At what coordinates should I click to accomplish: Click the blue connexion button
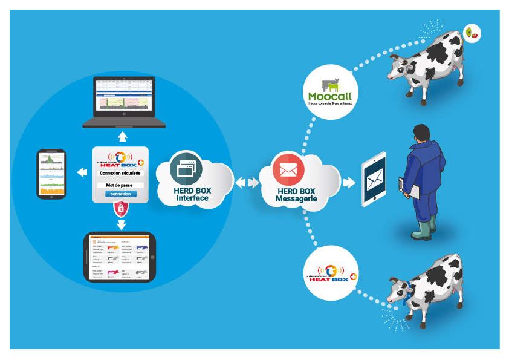pyautogui.click(x=120, y=194)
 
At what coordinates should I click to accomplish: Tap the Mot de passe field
pyautogui.click(x=120, y=185)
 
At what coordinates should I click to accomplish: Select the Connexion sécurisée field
pyautogui.click(x=120, y=174)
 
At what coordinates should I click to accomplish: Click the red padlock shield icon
pyautogui.click(x=121, y=209)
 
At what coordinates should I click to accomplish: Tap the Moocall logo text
pyautogui.click(x=329, y=96)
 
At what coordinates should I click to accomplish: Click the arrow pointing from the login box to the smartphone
pyautogui.click(x=81, y=172)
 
